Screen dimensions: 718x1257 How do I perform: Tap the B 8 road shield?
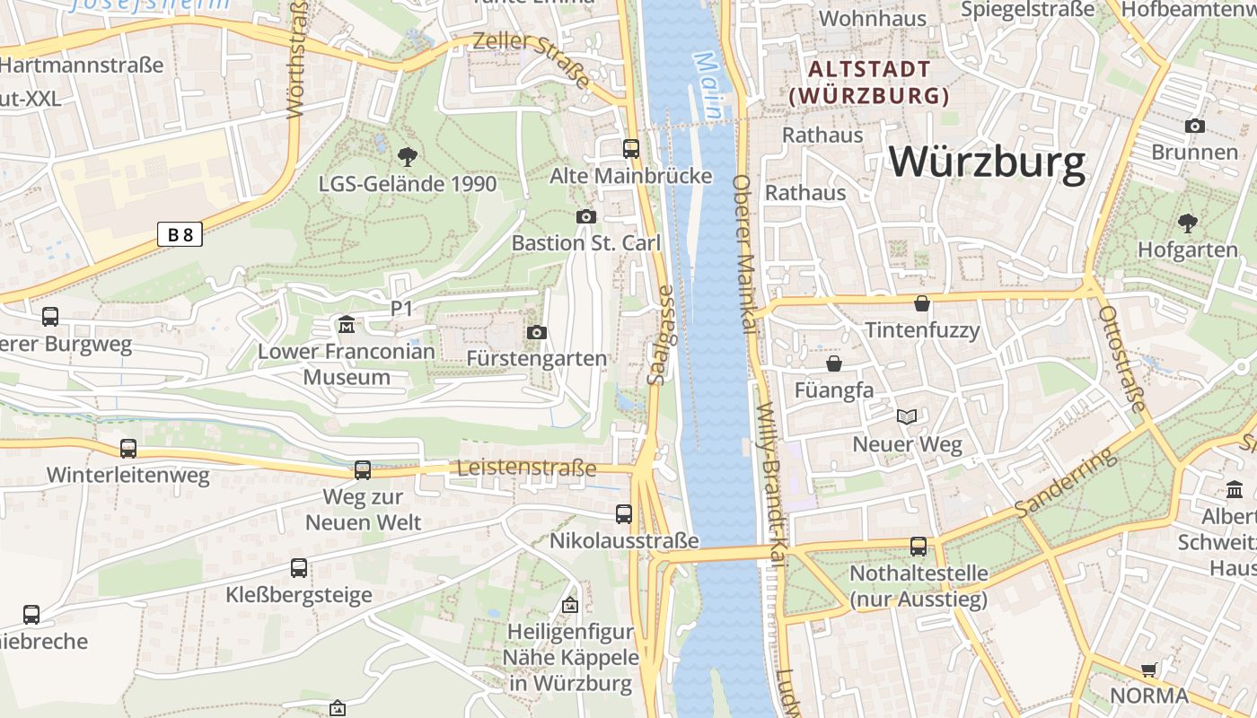point(180,235)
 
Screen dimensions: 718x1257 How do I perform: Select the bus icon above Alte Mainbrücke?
point(631,149)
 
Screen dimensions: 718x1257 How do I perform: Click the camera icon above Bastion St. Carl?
point(585,216)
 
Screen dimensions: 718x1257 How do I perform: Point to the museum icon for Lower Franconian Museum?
point(346,324)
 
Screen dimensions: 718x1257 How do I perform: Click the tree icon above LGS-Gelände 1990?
point(407,157)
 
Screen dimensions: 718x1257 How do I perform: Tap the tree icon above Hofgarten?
point(1187,223)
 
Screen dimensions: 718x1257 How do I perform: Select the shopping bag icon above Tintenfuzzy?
point(922,303)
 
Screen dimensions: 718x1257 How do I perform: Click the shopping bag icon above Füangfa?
point(834,363)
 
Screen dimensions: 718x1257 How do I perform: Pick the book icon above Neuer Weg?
point(907,416)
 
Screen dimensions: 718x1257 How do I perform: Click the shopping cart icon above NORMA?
point(1148,670)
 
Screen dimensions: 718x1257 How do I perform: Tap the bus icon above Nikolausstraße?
point(623,514)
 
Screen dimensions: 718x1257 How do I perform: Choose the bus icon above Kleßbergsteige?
point(299,568)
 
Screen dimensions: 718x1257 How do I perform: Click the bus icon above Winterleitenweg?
point(128,448)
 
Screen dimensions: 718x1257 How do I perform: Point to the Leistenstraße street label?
point(526,468)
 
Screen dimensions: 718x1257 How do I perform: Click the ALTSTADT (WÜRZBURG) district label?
point(869,83)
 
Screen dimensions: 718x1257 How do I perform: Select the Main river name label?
point(708,85)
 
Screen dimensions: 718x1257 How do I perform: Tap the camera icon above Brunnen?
point(1194,126)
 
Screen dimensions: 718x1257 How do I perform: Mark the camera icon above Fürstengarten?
point(537,333)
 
